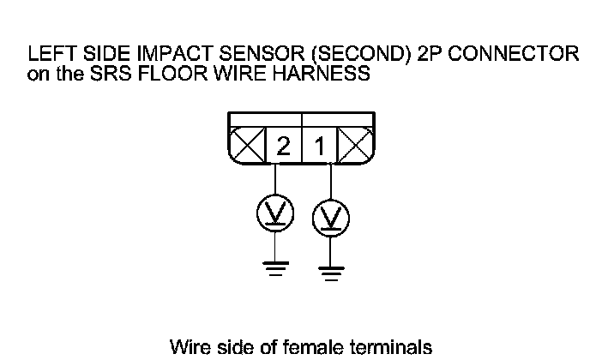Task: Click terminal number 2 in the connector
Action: (283, 147)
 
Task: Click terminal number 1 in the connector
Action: (320, 147)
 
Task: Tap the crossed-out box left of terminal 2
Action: (248, 147)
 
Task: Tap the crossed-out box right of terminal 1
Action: (353, 147)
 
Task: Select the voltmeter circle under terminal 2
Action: (275, 214)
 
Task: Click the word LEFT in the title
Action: (49, 54)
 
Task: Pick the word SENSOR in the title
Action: (249, 54)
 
